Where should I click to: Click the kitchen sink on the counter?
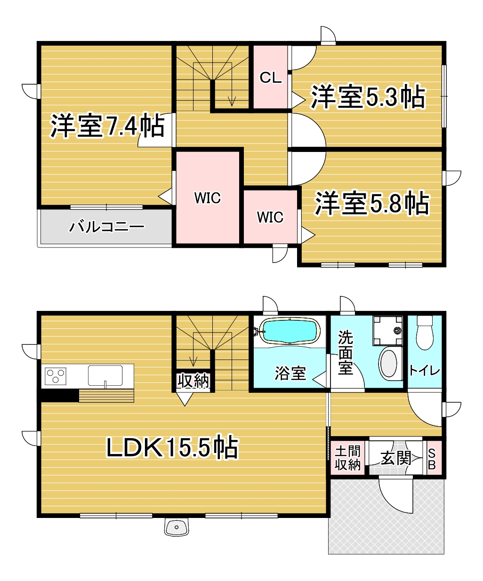click(x=105, y=375)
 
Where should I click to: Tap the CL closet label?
click(x=270, y=78)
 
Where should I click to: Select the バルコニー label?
click(x=106, y=227)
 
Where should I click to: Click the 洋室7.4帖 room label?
click(x=107, y=126)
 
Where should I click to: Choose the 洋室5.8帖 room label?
click(x=372, y=203)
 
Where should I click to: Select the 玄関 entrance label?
click(x=395, y=458)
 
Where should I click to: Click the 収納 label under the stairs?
click(x=193, y=381)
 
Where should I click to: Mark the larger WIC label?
click(x=208, y=198)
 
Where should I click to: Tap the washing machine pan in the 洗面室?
click(x=388, y=331)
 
